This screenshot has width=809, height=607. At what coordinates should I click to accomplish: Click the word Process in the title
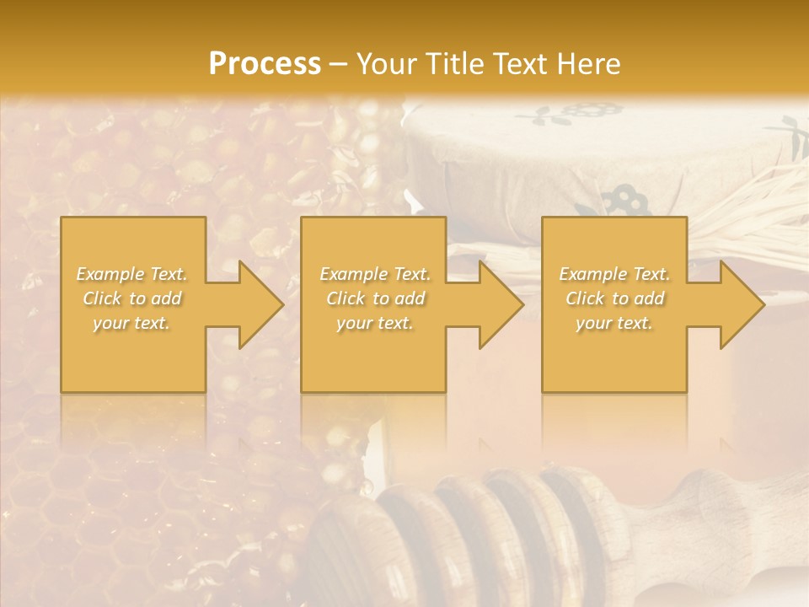pos(265,64)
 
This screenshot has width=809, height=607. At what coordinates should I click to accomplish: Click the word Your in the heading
pos(387,64)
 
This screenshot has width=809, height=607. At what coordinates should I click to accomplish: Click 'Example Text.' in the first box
pos(132,274)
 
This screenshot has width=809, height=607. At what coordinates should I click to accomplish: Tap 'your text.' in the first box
pos(132,323)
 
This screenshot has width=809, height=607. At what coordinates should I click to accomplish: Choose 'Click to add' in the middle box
pos(375,298)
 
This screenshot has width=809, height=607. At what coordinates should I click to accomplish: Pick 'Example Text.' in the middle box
pos(375,274)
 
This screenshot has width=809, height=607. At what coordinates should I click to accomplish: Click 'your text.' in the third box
pos(614,323)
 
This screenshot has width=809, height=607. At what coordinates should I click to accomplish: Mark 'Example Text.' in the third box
pos(614,274)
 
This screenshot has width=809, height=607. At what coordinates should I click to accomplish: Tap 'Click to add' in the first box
pos(132,298)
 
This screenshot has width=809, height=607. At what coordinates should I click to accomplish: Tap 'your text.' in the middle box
pos(375,323)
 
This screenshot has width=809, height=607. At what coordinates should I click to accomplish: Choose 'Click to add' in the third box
pos(614,298)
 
